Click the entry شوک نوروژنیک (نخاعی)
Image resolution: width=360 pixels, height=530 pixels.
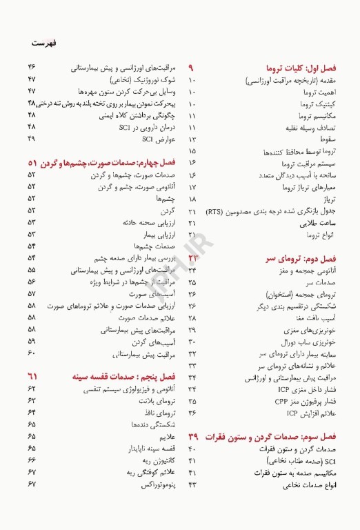click(143, 80)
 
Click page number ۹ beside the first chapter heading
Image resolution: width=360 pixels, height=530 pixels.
click(192, 68)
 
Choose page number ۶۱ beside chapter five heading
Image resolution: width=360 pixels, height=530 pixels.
click(32, 376)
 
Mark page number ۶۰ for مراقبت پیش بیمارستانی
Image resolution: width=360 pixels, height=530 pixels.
click(32, 353)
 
